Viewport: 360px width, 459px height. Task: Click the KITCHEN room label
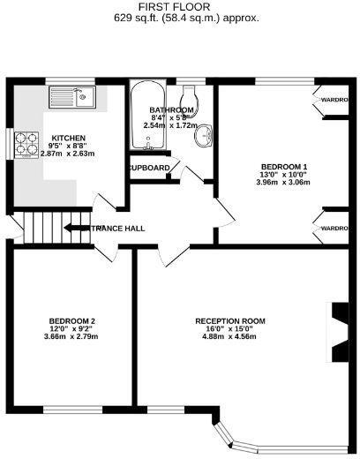[x=68, y=139]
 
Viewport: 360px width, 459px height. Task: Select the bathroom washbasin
[x=204, y=135]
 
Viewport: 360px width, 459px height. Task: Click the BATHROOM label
[x=166, y=110]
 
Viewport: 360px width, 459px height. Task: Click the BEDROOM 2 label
[x=71, y=320]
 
